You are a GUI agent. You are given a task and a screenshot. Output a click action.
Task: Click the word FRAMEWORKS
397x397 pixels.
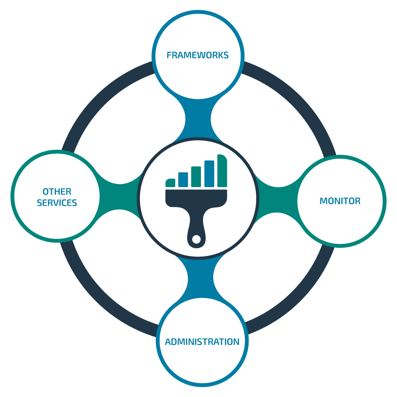198,55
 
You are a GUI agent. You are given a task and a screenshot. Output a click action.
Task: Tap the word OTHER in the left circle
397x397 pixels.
57,192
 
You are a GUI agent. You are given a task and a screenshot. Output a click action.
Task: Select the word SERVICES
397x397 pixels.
57,203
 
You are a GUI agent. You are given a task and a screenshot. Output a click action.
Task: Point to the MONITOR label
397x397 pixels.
340,201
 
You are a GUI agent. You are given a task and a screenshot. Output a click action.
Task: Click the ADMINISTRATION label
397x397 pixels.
202,342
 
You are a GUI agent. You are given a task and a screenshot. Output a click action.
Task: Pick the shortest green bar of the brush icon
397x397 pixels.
171,183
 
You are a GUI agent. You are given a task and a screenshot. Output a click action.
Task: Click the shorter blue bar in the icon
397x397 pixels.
183,180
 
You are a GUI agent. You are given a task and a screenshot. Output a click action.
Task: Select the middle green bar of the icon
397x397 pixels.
196,177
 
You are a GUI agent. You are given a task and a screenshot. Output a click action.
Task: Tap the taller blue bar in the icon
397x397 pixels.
209,174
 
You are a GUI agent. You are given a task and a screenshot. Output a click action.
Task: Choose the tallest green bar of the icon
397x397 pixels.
222,171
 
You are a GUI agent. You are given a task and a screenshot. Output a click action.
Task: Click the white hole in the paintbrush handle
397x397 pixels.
196,239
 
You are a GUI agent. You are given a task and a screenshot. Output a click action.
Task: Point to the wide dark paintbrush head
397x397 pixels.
196,199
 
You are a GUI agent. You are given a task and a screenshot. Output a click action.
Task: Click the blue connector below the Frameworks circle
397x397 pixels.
198,119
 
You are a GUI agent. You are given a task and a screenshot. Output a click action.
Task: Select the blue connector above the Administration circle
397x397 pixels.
201,279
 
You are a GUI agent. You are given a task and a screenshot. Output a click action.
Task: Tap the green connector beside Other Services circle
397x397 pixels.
119,197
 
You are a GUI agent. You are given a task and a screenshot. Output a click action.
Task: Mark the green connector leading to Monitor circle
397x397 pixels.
277,200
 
